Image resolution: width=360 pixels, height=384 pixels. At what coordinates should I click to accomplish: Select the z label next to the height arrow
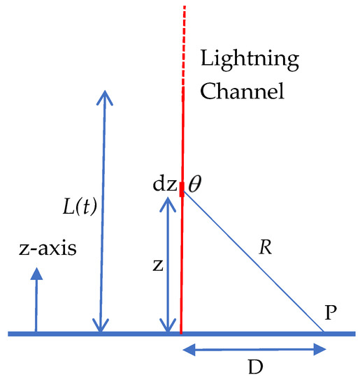159,266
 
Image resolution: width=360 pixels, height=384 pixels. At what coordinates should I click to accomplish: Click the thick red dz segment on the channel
182,189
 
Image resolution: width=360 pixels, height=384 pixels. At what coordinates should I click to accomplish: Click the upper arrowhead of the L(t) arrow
103,96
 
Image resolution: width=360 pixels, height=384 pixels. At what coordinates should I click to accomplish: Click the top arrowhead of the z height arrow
168,200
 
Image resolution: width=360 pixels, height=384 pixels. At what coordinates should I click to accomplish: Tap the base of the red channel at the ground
181,332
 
